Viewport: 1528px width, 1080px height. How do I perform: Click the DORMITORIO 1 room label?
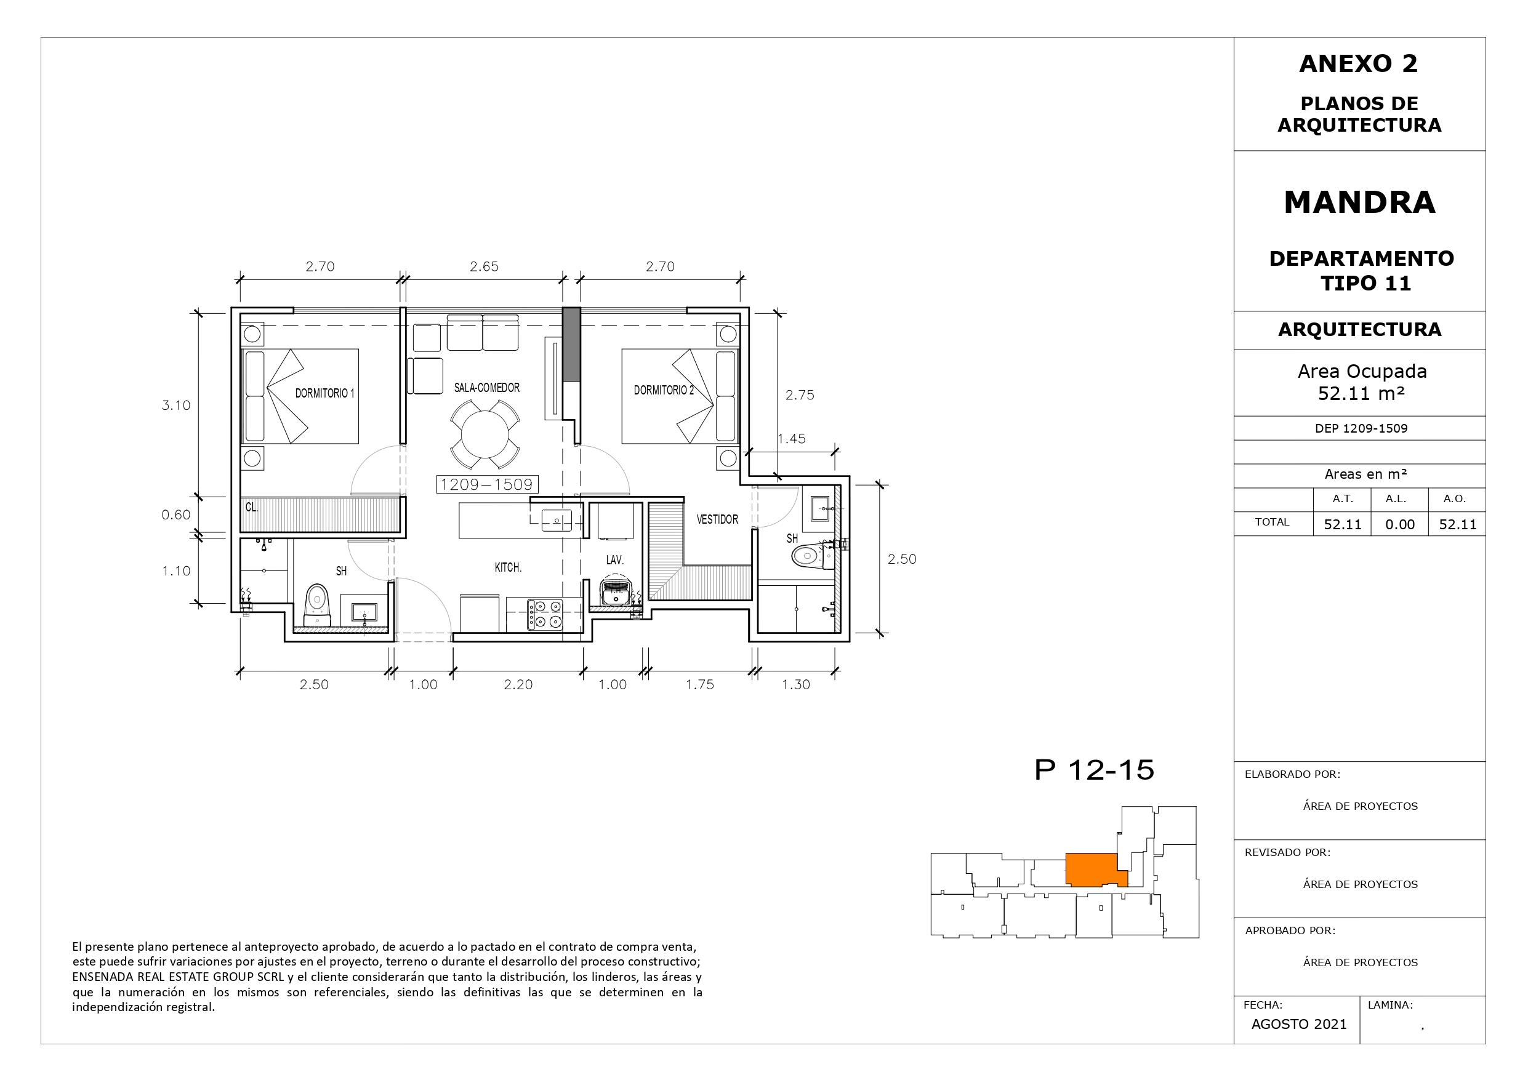(325, 393)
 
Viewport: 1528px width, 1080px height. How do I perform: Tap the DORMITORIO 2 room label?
(664, 390)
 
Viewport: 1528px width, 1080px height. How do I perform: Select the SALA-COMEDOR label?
(486, 387)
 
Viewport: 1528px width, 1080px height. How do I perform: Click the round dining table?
(485, 433)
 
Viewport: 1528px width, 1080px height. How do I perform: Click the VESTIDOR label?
(717, 519)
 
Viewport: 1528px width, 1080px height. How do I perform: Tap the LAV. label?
(615, 560)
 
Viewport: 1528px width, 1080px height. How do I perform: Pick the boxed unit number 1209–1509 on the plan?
(487, 484)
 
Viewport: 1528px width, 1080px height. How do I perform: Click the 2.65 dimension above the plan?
(484, 266)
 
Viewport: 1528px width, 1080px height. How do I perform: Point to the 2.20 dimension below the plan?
(518, 684)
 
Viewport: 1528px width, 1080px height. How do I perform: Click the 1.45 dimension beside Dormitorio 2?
(791, 439)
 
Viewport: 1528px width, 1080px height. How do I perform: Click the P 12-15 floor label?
(1094, 770)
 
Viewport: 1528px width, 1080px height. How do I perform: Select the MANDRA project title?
(1360, 202)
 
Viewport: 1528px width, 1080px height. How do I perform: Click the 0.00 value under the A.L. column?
(1399, 524)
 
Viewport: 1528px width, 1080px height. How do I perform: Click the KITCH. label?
(508, 567)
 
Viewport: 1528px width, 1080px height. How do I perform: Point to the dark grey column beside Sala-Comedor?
(572, 344)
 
